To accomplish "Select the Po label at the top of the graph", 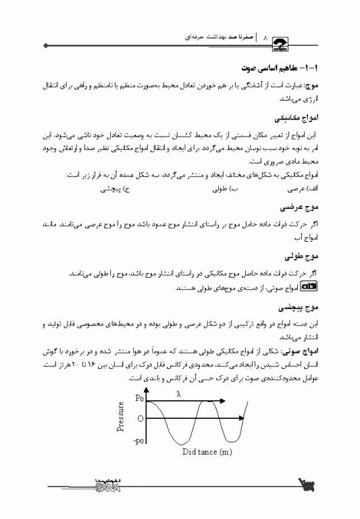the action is click(140, 399).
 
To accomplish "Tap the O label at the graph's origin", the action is click(140, 419).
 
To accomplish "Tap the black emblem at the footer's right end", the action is click(309, 485).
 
